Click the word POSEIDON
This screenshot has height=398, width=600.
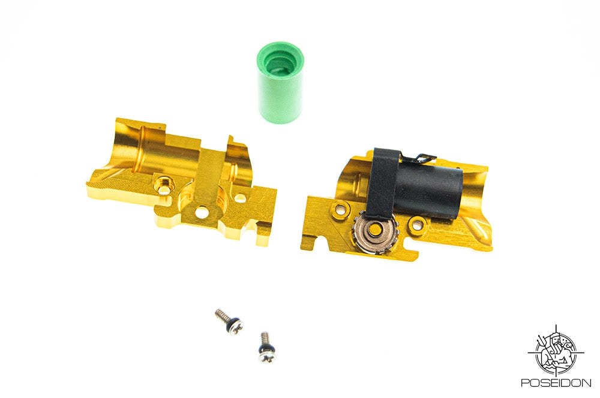coord(556,382)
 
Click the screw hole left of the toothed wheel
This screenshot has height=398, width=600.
coord(342,210)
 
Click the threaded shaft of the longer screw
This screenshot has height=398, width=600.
coord(220,313)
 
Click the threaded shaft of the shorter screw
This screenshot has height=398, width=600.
coord(262,339)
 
